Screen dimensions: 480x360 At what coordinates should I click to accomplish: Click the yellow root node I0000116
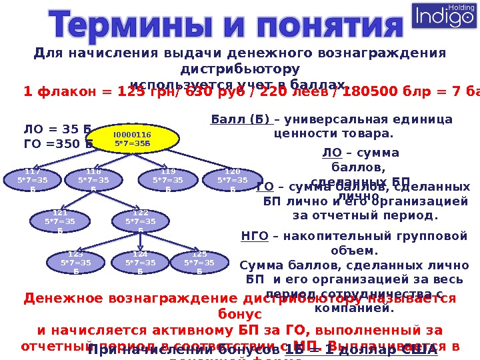coord(133,139)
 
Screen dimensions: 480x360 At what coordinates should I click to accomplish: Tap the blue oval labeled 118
coord(93,180)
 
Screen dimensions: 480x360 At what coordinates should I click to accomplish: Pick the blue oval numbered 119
coord(168,180)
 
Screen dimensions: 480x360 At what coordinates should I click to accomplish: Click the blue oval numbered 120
coord(233,180)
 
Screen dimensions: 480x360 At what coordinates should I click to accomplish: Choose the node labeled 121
coord(61,221)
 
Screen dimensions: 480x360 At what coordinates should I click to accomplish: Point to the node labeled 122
coord(140,221)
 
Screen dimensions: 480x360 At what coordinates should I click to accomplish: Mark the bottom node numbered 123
coord(75,263)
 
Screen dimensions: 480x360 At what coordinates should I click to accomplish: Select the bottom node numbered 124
coord(140,263)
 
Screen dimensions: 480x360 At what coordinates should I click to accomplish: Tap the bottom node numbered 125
coord(199,263)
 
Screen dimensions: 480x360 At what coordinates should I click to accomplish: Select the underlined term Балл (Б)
coord(241,120)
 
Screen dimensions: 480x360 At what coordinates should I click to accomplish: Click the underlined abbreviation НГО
coord(254,235)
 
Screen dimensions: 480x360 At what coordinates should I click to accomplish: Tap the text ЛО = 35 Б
coord(57,129)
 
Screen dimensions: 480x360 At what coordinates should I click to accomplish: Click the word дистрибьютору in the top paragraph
coord(240,69)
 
